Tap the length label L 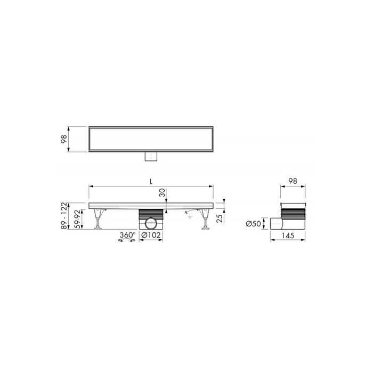point(152,182)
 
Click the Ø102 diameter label point(152,235)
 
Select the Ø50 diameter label point(254,224)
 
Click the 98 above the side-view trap point(292,182)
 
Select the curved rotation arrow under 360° point(126,241)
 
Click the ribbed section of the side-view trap point(293,214)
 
